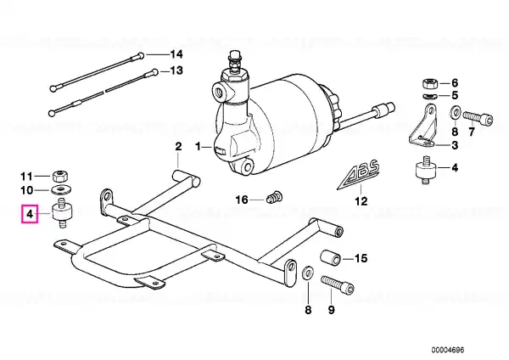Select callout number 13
pyautogui.click(x=176, y=71)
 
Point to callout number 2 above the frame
pyautogui.click(x=178, y=147)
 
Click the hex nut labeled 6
pyautogui.click(x=428, y=82)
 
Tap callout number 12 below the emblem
pyautogui.click(x=361, y=202)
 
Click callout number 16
pyautogui.click(x=242, y=200)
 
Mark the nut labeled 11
pyautogui.click(x=59, y=176)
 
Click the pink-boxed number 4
pyautogui.click(x=30, y=215)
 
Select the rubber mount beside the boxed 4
pyautogui.click(x=60, y=215)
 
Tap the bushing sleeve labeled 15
pyautogui.click(x=335, y=256)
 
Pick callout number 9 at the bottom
pyautogui.click(x=332, y=311)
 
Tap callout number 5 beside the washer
pyautogui.click(x=454, y=95)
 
